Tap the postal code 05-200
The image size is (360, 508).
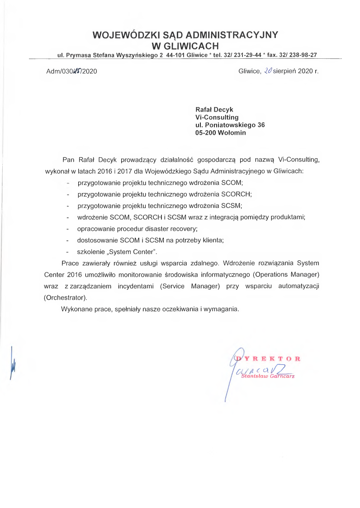click(205, 133)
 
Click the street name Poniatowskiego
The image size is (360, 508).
click(230, 125)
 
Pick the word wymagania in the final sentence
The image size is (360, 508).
click(221, 310)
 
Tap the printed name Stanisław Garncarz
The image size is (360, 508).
click(268, 376)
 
